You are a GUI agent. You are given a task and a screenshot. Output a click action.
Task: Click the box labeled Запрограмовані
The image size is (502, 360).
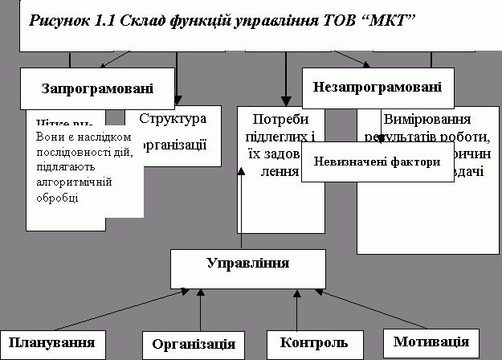click(x=97, y=88)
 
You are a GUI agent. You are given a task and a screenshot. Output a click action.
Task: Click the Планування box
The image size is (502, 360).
click(x=54, y=343)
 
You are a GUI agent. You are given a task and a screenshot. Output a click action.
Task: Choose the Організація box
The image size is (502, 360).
click(x=194, y=344)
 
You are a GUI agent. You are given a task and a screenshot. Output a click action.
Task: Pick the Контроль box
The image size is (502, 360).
click(x=315, y=343)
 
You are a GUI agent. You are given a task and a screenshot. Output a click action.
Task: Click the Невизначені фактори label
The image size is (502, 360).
click(x=377, y=162)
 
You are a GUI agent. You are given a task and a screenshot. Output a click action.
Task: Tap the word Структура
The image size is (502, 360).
click(x=173, y=119)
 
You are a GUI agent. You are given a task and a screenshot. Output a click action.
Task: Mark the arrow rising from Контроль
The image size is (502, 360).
click(x=297, y=310)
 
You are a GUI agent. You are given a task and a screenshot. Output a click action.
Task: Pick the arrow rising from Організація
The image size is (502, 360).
click(x=201, y=310)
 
